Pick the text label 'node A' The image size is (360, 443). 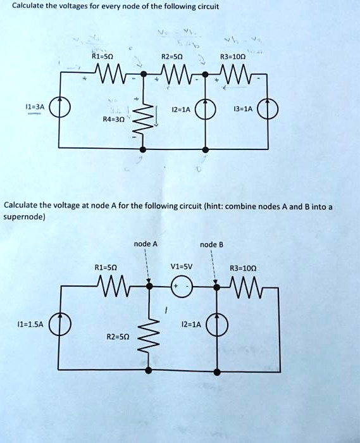146,244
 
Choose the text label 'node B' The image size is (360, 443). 212,244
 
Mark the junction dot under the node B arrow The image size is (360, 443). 216,287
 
